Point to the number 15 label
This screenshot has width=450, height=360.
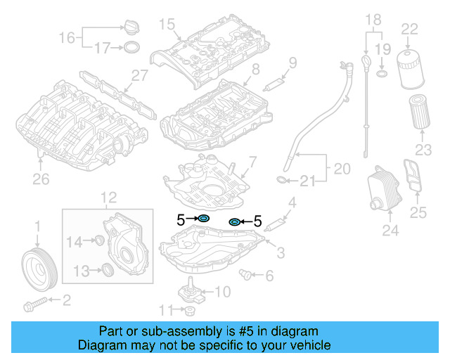[x=166, y=25]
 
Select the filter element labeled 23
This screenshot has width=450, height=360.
[x=419, y=112]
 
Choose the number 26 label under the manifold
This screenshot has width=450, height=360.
[x=41, y=180]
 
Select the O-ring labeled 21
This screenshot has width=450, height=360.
[x=281, y=181]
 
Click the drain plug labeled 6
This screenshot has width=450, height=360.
[x=246, y=273]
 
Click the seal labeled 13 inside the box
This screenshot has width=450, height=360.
[x=108, y=269]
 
